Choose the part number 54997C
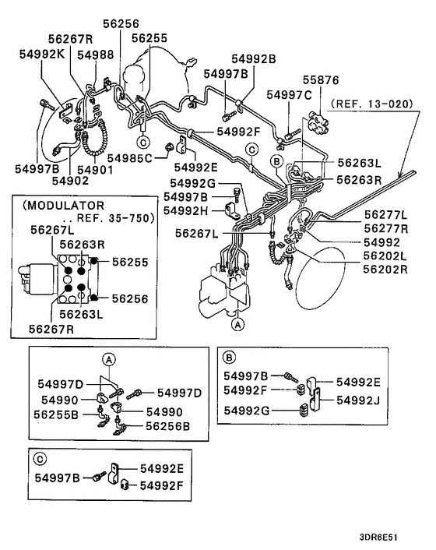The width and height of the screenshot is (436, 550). [x=289, y=94]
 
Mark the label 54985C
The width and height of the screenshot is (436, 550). [x=132, y=157]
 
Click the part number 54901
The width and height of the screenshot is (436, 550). [x=95, y=169]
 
